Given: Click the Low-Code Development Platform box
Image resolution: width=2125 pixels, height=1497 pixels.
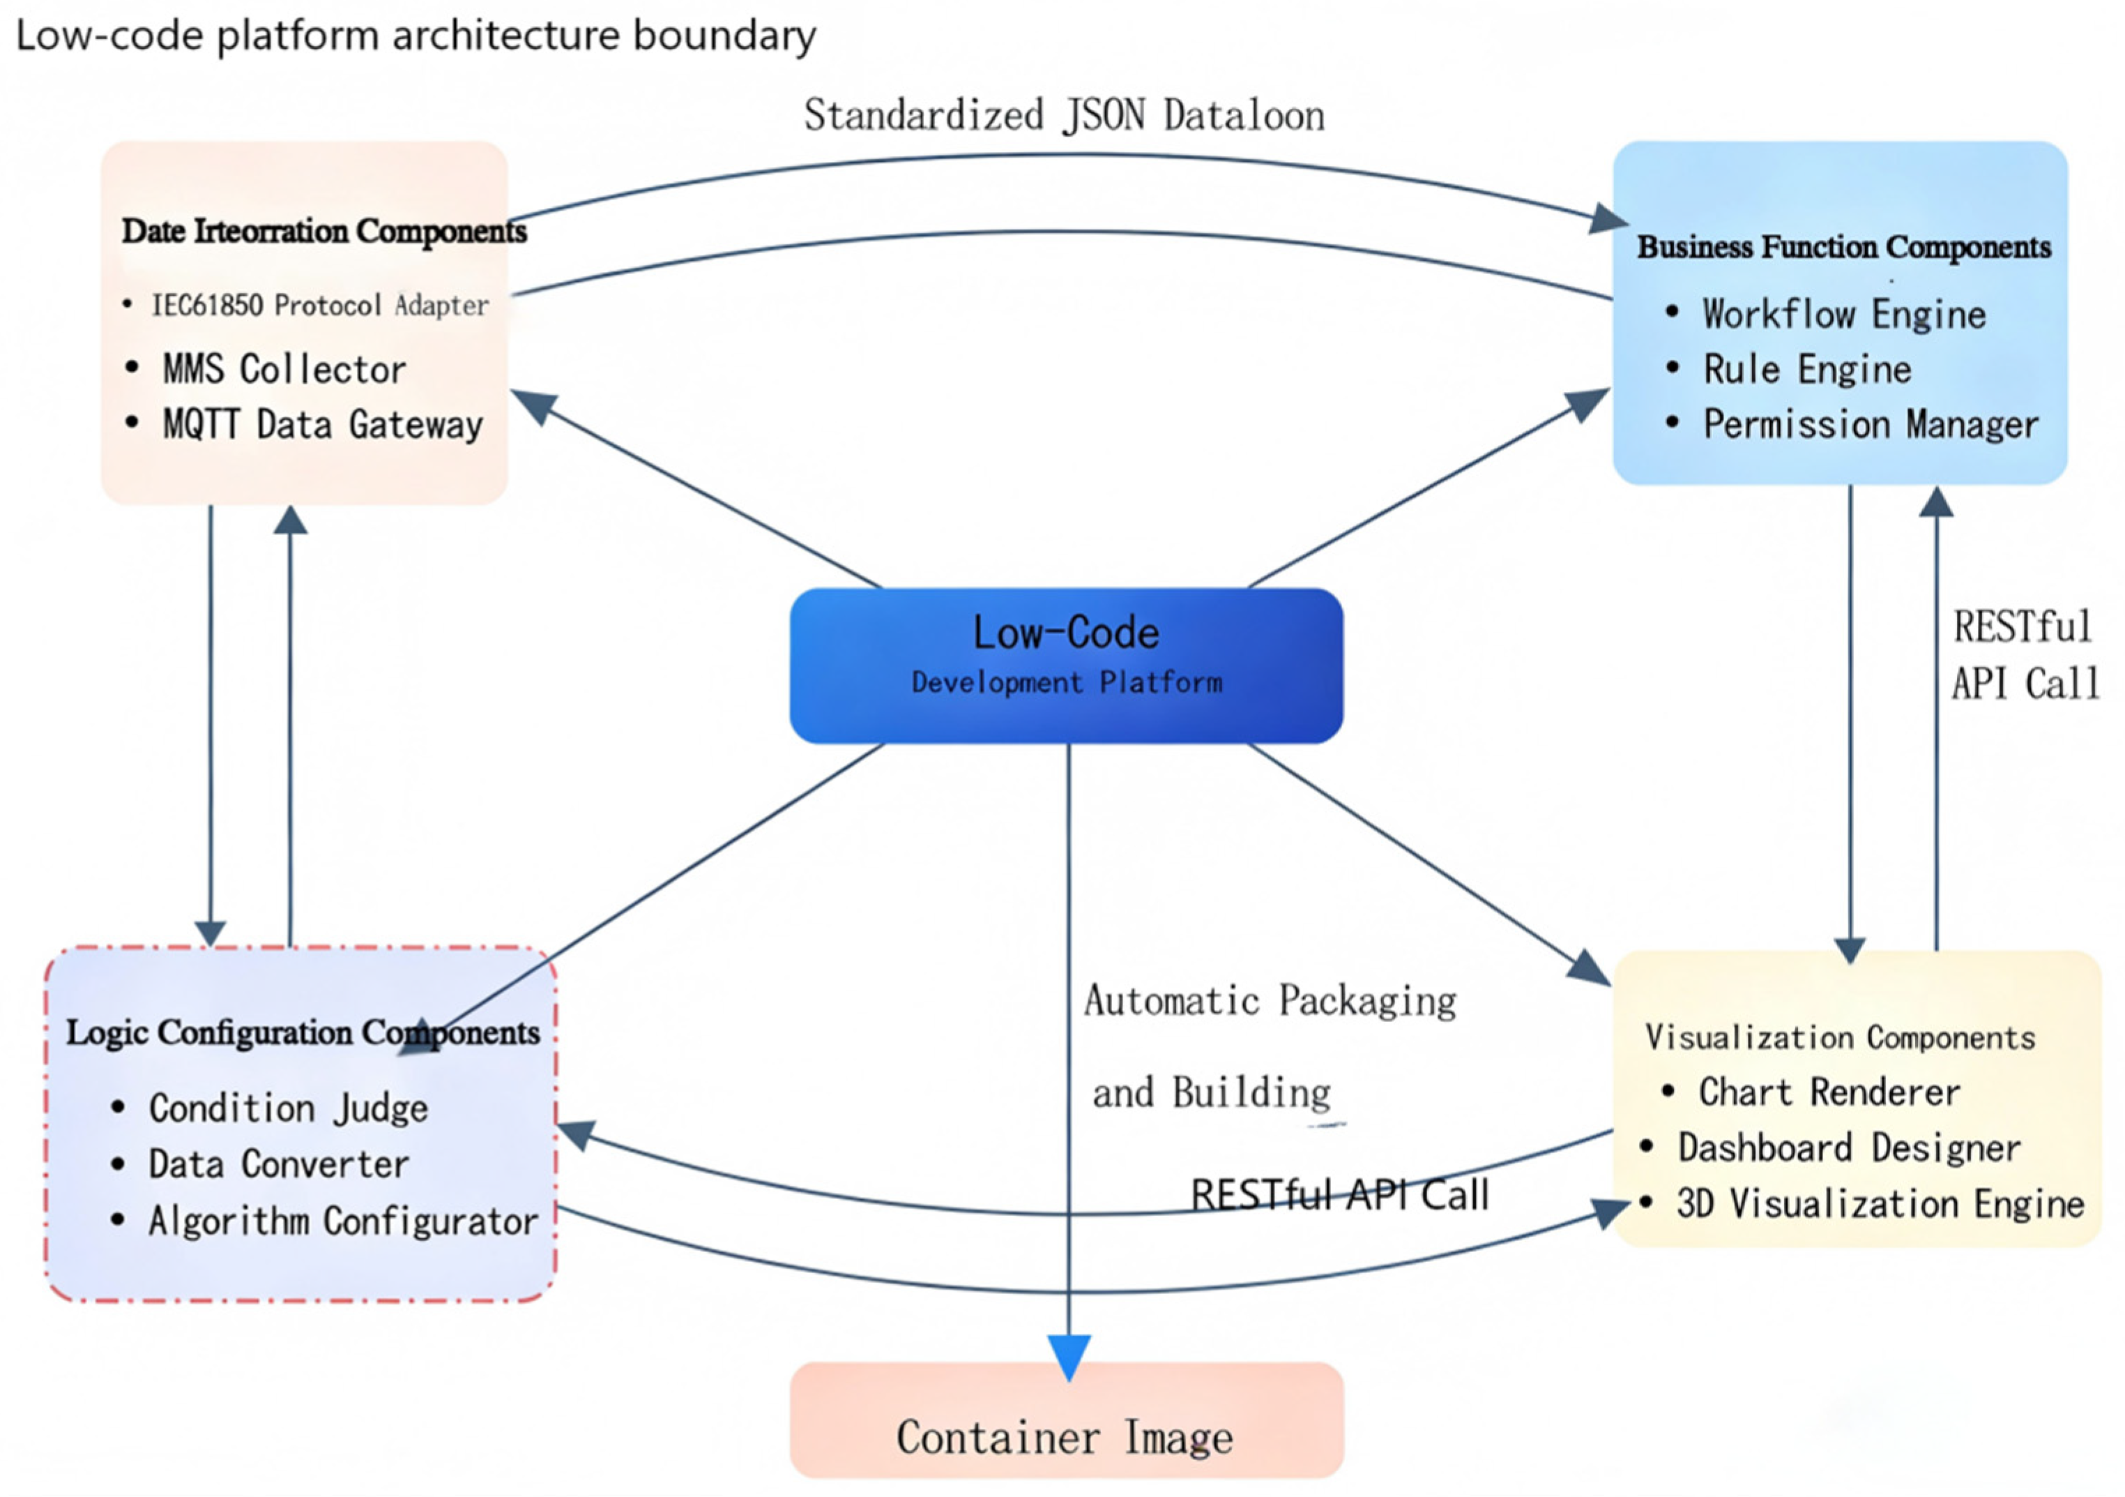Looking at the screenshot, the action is [x=1066, y=665].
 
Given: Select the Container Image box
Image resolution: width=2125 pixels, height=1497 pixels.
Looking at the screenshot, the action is [x=1066, y=1420].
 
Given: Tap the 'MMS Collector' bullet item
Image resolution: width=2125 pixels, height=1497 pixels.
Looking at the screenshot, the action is [x=284, y=370].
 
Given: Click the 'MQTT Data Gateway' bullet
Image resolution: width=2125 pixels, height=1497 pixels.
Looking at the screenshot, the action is [x=323, y=425].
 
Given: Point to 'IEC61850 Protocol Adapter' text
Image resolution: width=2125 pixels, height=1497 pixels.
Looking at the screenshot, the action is [x=320, y=306].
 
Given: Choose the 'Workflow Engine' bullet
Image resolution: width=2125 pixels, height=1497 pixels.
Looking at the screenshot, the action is [x=1843, y=315].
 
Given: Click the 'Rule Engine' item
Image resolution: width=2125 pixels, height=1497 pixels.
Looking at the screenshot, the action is [x=1806, y=370].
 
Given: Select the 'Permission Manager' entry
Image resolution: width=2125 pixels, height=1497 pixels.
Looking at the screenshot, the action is [x=1871, y=425].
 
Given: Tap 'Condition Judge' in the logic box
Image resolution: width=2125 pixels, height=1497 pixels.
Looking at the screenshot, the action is [x=289, y=1109].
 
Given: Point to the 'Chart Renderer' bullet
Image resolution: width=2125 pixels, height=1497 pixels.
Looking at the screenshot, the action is [x=1829, y=1092].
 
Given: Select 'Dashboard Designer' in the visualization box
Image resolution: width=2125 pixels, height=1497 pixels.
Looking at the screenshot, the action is [x=1849, y=1148].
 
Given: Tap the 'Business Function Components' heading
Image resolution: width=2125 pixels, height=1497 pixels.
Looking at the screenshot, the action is [x=1843, y=247].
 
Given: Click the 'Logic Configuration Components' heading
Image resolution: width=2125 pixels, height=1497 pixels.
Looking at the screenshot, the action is [x=303, y=1033].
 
